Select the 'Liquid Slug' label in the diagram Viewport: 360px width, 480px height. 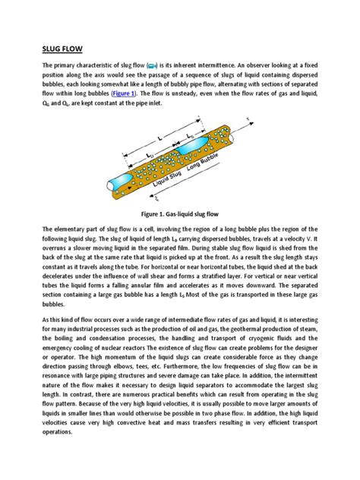point(166,176)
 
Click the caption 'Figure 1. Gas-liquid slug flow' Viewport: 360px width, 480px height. point(179,215)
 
